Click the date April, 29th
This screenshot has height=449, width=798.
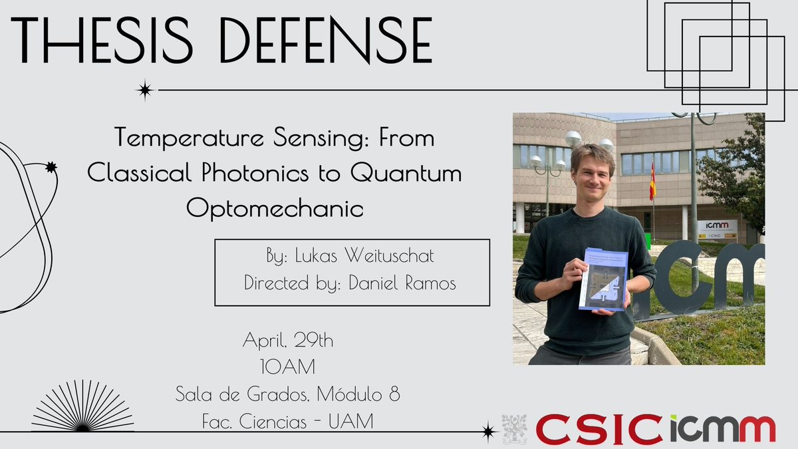(287, 341)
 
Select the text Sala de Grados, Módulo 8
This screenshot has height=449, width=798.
(287, 395)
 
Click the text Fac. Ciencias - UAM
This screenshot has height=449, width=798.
(287, 421)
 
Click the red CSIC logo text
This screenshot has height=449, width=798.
(598, 429)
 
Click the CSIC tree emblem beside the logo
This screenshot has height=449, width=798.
(514, 429)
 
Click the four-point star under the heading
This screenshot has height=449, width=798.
(144, 90)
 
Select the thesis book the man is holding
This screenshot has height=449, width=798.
(602, 279)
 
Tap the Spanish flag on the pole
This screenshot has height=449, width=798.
(652, 181)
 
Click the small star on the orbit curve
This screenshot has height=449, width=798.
(51, 168)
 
